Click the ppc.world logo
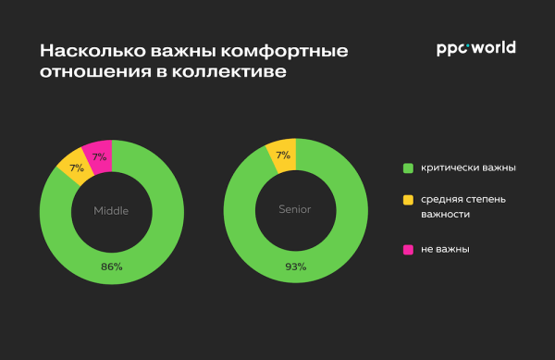(x=475, y=48)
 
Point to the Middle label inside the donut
(x=111, y=210)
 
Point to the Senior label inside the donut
(x=294, y=209)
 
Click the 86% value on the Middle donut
(x=111, y=267)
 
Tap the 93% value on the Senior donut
(x=294, y=267)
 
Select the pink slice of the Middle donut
(x=98, y=155)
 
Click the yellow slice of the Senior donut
(x=282, y=155)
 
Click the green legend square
(x=407, y=168)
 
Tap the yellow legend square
(x=407, y=199)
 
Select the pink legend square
(x=407, y=249)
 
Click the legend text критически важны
(x=468, y=168)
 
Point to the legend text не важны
(x=445, y=249)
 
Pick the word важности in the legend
(x=446, y=215)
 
